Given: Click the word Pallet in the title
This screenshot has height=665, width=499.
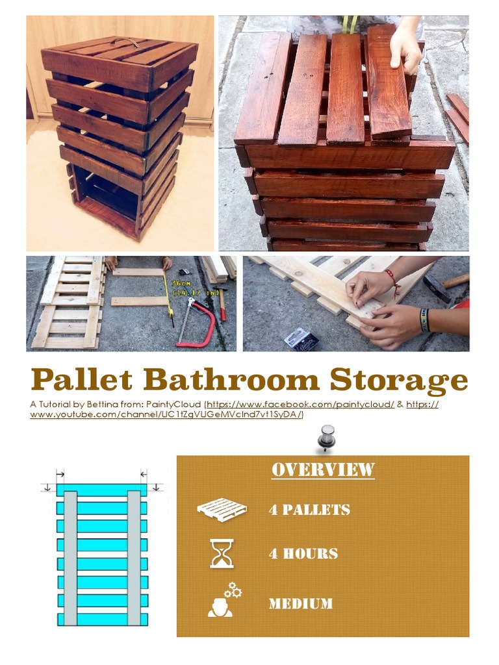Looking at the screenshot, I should coord(82,380).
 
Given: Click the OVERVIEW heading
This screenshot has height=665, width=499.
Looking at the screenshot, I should coord(323,470).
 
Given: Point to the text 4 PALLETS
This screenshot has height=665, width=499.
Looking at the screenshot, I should coord(309,510).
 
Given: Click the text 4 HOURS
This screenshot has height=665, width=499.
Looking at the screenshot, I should coord(303,554).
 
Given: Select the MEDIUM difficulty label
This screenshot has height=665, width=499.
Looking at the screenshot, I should coord(301,604).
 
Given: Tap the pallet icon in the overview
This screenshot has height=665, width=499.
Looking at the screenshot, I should coord(222,509).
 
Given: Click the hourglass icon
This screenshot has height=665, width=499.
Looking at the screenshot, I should coord(222,553).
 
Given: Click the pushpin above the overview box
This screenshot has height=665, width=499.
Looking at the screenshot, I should coord(326,438).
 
